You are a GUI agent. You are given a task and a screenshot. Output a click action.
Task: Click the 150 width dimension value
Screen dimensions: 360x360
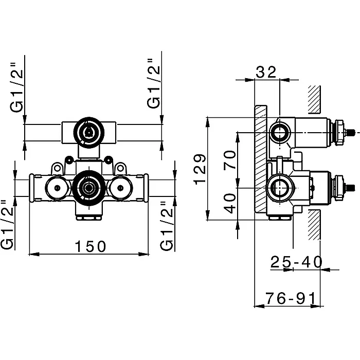tap(91, 246)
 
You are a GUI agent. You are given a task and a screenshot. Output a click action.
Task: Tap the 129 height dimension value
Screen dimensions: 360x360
tap(200, 169)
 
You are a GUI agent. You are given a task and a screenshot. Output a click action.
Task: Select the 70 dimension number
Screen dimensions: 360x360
tap(230, 160)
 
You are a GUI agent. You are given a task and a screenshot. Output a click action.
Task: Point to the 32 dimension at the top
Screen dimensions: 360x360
tap(266, 72)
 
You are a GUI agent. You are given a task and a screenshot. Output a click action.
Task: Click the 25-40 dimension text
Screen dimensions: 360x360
tap(296, 262)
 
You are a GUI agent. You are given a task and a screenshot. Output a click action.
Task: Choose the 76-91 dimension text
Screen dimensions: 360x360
tap(291, 298)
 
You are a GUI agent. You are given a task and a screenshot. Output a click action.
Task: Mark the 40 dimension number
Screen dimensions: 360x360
tap(230, 204)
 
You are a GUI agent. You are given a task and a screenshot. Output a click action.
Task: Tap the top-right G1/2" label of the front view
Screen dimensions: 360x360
tap(153, 83)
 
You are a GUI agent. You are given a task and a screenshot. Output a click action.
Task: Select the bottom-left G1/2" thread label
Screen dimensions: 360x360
tap(7, 225)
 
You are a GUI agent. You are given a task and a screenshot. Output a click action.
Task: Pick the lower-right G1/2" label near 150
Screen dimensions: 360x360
tap(166, 226)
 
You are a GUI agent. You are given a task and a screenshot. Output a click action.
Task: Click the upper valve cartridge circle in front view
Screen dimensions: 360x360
tap(89, 133)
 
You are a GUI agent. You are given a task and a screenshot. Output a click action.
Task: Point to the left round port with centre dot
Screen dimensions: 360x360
tap(57, 188)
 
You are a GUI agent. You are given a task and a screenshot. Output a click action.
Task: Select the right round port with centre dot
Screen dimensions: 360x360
tap(120, 188)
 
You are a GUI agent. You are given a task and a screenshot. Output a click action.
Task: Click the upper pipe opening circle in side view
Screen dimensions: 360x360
tap(280, 133)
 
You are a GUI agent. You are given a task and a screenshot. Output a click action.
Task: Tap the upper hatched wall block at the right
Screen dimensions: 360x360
tap(314, 99)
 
